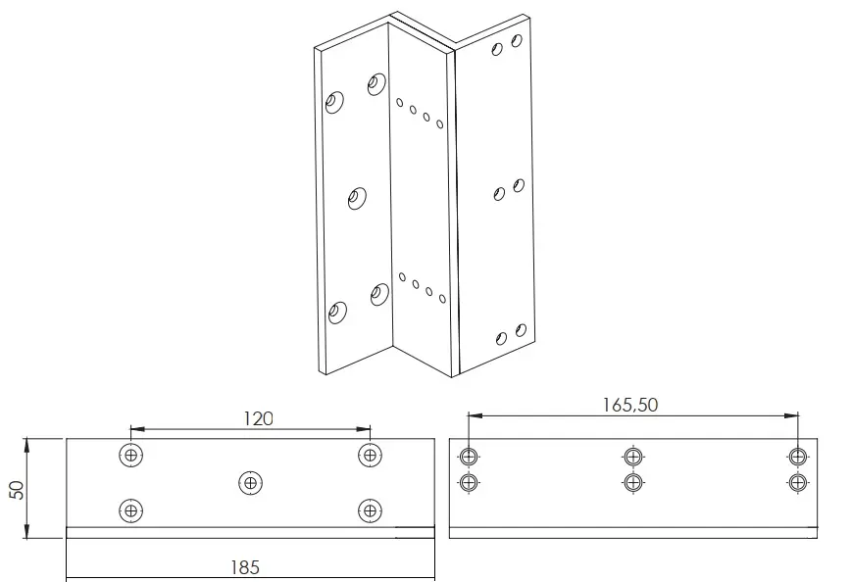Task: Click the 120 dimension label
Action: (x=258, y=418)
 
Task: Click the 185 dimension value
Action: (x=245, y=567)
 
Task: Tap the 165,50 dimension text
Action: (x=630, y=405)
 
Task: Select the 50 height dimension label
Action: (x=18, y=489)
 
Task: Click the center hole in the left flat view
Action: (x=250, y=482)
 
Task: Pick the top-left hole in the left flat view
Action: (x=130, y=455)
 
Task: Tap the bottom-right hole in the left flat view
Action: (x=371, y=510)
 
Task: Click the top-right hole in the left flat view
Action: (x=371, y=455)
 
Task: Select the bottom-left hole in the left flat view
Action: (x=130, y=510)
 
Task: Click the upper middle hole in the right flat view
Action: (x=632, y=457)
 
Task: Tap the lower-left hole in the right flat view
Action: (x=469, y=482)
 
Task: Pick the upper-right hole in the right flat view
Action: (x=797, y=457)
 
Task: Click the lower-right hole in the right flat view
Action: (x=797, y=482)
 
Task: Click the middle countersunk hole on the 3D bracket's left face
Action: (x=357, y=199)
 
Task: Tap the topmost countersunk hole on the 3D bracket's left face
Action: (x=376, y=84)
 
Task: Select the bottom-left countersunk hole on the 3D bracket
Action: (x=337, y=312)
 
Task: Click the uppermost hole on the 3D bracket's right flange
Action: (x=517, y=40)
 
